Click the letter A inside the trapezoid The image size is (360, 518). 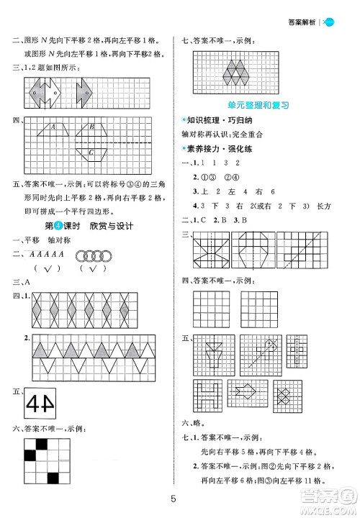pyautogui.click(x=53, y=128)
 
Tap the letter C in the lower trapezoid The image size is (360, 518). pyautogui.click(x=91, y=153)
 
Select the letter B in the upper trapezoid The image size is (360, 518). pyautogui.click(x=92, y=128)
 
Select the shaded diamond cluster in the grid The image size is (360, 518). pyautogui.click(x=234, y=73)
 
